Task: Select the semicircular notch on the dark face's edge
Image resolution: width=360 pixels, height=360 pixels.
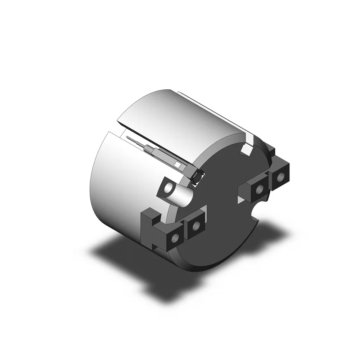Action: [x=256, y=216]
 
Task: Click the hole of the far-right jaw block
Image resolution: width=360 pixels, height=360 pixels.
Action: [x=280, y=177]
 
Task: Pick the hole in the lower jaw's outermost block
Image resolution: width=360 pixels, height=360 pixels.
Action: [x=176, y=238]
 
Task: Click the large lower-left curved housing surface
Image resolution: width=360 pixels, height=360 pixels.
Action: [x=115, y=187]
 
